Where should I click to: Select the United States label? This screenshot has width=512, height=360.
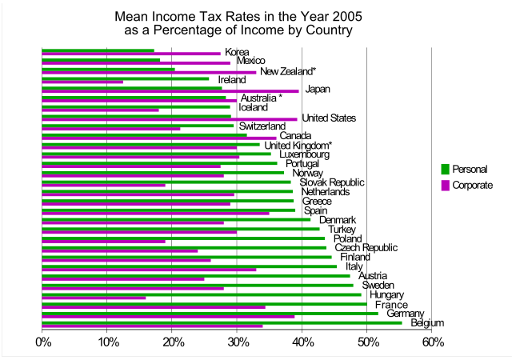(328, 118)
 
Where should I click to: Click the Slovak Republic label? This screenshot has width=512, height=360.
(332, 182)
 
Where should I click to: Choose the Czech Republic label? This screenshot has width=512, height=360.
(365, 248)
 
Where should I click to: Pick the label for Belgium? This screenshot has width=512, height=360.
(428, 323)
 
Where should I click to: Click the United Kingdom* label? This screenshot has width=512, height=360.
(298, 146)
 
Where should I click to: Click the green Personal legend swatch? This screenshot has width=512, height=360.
(445, 169)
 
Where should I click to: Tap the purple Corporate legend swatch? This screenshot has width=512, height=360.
(445, 186)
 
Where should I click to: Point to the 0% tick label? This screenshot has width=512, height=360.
(43, 342)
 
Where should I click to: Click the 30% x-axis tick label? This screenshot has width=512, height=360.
(238, 342)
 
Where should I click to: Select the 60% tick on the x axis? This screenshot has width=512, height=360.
(432, 342)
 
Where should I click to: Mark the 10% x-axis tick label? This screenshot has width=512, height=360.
(108, 342)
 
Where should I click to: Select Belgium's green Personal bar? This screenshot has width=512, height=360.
(233, 322)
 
